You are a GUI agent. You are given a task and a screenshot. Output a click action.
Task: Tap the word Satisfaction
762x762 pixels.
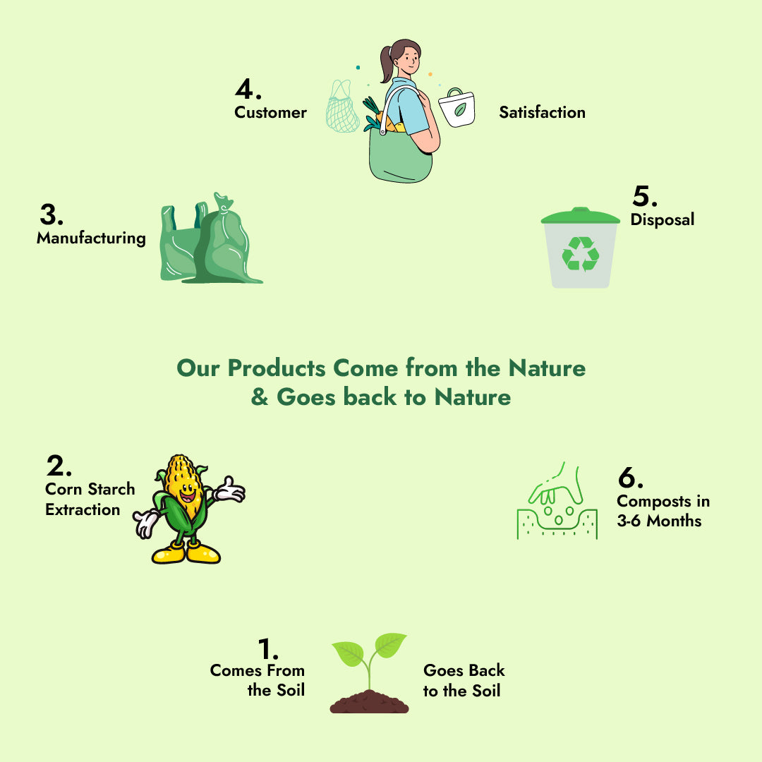point(542,112)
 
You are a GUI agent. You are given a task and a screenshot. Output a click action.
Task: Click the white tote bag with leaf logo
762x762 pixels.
point(456,109)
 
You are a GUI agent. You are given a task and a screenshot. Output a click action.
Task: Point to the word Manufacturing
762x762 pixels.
point(91,238)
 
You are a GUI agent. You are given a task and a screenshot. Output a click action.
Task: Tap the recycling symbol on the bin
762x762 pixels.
point(581,253)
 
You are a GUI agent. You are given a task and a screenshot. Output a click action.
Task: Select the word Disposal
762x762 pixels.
point(662,219)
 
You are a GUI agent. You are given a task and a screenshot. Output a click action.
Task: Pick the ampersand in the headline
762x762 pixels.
point(260,397)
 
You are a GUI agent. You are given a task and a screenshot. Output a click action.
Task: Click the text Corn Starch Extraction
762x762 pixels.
point(90,499)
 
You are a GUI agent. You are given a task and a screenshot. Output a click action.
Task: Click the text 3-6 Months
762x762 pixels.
point(659,521)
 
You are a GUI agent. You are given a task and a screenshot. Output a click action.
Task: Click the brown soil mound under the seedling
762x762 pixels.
point(369,702)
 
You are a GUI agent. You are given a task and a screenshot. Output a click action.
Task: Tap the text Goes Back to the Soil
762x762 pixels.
point(464,681)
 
